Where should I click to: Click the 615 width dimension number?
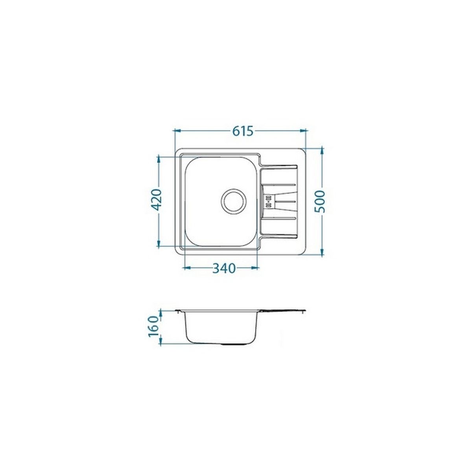(x=243, y=131)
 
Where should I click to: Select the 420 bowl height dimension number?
(x=156, y=200)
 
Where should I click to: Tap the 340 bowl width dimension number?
(x=224, y=268)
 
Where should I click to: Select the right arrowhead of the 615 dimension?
(x=304, y=131)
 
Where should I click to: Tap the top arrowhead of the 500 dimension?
(x=322, y=151)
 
